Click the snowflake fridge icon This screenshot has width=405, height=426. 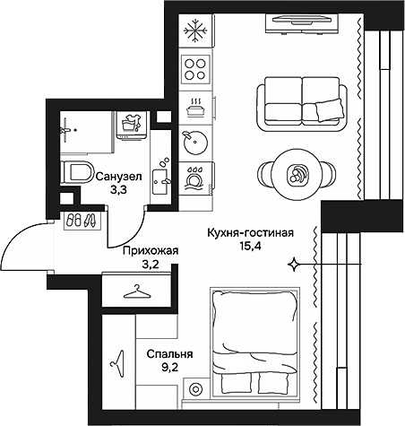tap(194, 31)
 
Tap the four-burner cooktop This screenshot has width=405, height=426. tap(194, 68)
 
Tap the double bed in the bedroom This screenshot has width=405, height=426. tap(253, 343)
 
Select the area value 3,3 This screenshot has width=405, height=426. tap(118, 190)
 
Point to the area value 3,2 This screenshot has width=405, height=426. tap(151, 265)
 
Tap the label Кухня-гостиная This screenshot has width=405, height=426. tap(250, 231)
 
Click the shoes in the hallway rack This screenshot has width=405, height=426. tap(80, 221)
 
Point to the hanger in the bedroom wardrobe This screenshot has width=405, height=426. tap(116, 360)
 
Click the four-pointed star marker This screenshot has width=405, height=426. tap(294, 264)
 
